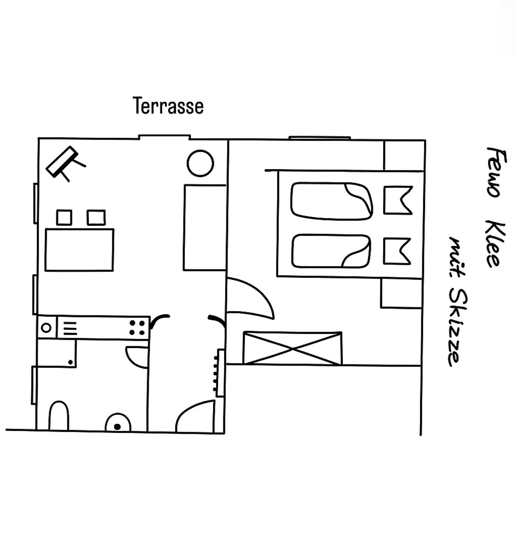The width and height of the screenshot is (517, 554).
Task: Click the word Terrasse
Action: click(168, 106)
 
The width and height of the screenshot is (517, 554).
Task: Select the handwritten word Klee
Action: click(495, 244)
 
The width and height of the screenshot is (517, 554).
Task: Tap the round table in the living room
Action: click(200, 163)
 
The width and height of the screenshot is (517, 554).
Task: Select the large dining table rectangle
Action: click(79, 250)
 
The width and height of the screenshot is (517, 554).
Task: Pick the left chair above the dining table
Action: click(64, 218)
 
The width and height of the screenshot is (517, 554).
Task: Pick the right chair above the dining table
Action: click(96, 218)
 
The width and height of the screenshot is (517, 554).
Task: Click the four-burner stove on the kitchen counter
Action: click(137, 328)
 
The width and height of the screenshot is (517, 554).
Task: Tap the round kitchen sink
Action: click(46, 327)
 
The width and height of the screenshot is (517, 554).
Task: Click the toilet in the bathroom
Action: click(59, 416)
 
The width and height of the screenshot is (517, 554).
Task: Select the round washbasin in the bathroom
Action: click(117, 423)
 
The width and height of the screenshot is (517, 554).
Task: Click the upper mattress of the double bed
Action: click(332, 201)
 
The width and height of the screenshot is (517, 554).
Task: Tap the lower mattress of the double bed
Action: click(331, 251)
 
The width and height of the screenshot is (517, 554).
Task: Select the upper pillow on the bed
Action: click(398, 200)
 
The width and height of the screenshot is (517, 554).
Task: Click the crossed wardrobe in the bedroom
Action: click(293, 348)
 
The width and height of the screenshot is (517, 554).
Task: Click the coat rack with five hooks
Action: click(219, 372)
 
